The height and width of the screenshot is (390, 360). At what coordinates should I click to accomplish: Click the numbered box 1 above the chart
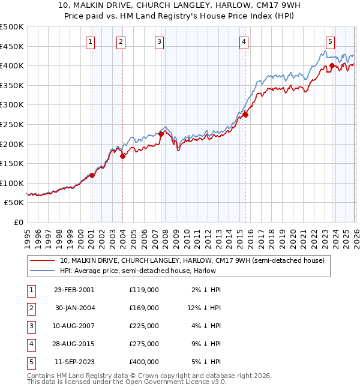click(89, 41)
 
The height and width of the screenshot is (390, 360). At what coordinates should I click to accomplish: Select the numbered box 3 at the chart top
click(159, 41)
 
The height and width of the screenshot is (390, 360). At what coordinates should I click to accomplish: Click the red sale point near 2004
click(122, 156)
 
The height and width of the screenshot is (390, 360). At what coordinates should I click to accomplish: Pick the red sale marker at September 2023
click(332, 65)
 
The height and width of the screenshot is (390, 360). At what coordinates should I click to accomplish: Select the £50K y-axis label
click(14, 203)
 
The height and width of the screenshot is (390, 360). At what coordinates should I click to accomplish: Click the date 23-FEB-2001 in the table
click(74, 290)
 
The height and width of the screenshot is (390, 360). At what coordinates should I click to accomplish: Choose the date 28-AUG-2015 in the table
click(74, 344)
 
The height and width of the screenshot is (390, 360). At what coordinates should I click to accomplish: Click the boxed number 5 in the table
click(31, 362)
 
